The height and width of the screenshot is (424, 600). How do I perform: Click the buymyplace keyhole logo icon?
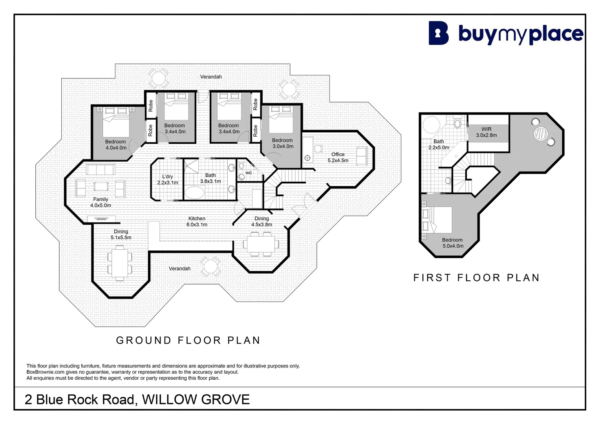click(x=439, y=33)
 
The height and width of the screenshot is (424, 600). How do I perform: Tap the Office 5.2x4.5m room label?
click(x=338, y=157)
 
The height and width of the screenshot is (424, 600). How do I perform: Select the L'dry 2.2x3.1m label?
click(x=167, y=180)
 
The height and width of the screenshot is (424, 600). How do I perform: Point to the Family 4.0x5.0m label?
click(x=101, y=202)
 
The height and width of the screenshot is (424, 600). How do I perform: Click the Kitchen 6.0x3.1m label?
click(x=197, y=221)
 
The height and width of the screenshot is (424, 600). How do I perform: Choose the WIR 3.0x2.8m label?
click(x=487, y=132)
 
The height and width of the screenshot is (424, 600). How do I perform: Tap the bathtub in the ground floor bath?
click(x=195, y=192)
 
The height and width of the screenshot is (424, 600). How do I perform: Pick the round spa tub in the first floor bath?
click(x=431, y=125)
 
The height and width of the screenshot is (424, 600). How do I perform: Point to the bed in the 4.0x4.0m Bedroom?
click(x=116, y=122)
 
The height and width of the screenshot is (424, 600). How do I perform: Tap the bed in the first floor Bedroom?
click(x=437, y=220)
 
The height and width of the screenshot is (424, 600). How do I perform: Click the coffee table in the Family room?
click(x=101, y=186)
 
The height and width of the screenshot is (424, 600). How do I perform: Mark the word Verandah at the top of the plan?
click(x=211, y=77)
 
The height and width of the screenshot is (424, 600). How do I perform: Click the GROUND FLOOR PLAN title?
click(x=188, y=340)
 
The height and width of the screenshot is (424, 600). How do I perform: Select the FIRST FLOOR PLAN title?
click(x=477, y=278)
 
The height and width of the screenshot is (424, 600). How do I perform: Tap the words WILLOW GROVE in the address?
click(x=196, y=399)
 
